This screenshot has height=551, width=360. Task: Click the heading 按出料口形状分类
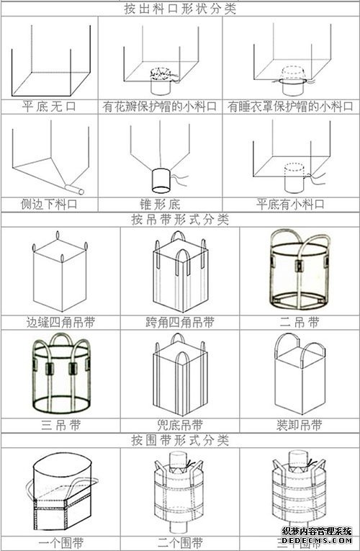click(180, 9)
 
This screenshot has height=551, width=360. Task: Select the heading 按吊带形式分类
click(180, 219)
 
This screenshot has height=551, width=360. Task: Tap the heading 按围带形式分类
click(180, 439)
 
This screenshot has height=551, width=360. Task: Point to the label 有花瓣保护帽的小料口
click(160, 106)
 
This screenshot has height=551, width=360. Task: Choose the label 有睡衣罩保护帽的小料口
click(291, 106)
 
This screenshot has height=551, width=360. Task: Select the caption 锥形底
click(160, 204)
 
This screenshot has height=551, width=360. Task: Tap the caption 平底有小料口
click(291, 204)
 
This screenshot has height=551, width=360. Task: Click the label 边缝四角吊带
click(60, 322)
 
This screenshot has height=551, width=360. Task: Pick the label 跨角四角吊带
click(180, 322)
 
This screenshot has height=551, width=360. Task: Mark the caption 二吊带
click(299, 322)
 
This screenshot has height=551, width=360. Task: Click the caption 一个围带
click(60, 542)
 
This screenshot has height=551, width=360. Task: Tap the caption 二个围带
click(180, 542)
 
